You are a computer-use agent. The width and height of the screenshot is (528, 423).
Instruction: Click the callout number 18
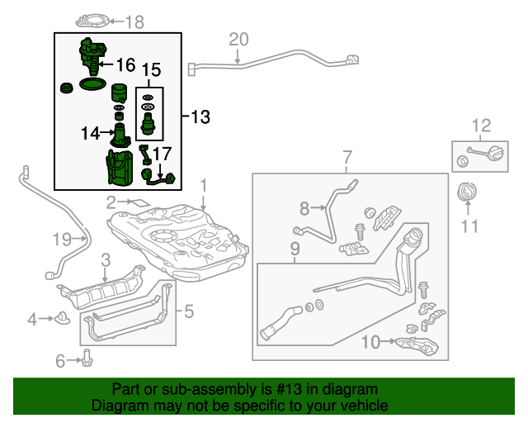pyautogui.click(x=134, y=22)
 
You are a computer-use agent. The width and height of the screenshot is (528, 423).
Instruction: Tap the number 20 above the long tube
pyautogui.click(x=238, y=40)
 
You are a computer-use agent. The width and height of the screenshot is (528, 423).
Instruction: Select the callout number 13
pyautogui.click(x=200, y=117)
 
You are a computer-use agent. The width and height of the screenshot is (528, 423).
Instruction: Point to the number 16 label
pyautogui.click(x=125, y=64)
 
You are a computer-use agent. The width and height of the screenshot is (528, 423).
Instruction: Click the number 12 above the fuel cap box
pyautogui.click(x=481, y=126)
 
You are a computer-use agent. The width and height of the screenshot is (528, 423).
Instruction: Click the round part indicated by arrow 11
pyautogui.click(x=467, y=192)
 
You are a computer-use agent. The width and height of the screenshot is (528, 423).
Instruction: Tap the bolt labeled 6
pyautogui.click(x=87, y=359)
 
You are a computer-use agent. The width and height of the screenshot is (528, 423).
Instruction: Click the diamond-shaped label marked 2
pyautogui.click(x=139, y=203)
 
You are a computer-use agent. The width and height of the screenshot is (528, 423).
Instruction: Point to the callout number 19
pyautogui.click(x=63, y=240)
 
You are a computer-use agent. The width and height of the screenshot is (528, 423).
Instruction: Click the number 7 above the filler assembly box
pyautogui.click(x=347, y=158)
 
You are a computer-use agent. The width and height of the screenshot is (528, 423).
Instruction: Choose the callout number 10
pyautogui.click(x=370, y=342)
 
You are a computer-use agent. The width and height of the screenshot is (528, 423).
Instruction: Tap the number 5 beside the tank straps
pyautogui.click(x=189, y=311)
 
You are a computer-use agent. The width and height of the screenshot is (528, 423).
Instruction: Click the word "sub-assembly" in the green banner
pyautogui.click(x=209, y=390)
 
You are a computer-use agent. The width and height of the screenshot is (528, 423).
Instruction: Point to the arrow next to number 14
pyautogui.click(x=107, y=133)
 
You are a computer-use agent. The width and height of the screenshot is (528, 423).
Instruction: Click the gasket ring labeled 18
pyautogui.click(x=92, y=21)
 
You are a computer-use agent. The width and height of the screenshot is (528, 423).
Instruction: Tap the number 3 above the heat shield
pyautogui.click(x=106, y=260)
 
